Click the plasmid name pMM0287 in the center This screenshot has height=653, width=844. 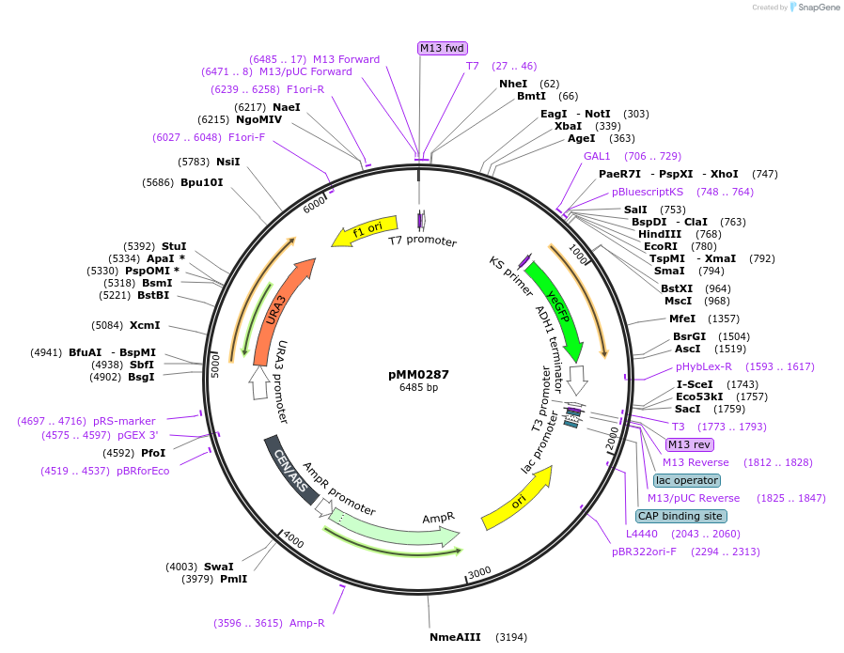click(418, 374)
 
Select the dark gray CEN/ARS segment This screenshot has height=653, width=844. click(290, 469)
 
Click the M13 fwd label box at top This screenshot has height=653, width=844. click(443, 48)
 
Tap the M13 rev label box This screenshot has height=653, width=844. click(689, 444)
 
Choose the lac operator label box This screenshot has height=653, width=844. click(689, 480)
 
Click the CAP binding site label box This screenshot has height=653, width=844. click(680, 516)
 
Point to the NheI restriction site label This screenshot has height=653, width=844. click(513, 84)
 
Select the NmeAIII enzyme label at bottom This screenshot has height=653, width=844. click(455, 637)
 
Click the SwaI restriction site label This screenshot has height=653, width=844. click(219, 567)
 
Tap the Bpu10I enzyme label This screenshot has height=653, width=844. click(202, 182)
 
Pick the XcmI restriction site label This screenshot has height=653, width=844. click(145, 325)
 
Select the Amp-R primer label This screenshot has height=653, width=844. click(307, 623)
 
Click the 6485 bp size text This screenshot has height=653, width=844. click(418, 387)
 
